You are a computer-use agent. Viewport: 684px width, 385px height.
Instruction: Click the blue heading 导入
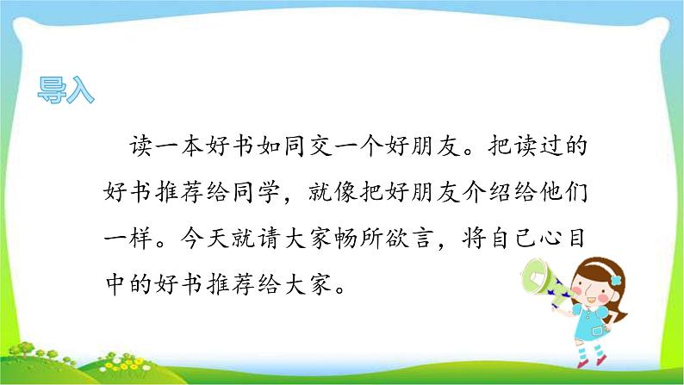click(x=66, y=90)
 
